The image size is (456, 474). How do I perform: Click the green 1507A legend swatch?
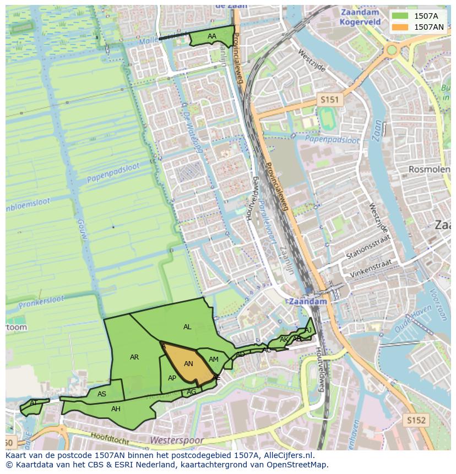coord(400,15)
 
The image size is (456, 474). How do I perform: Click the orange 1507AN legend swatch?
coord(400,26)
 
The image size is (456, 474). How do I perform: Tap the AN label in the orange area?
coord(188,364)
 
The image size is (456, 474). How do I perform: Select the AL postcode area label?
coord(187,327)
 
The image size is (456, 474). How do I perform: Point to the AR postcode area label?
coord(134,357)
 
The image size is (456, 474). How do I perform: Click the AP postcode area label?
coord(172,378)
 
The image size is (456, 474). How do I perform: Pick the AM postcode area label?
coord(214,359)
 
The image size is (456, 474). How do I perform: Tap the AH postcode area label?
coord(116,409)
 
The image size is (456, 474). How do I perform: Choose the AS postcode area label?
coord(102,394)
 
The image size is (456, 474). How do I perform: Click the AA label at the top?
coord(212,36)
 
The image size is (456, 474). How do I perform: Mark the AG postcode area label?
coord(192,392)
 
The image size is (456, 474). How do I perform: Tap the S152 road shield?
coord(417,420)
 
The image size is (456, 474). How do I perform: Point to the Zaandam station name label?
coord(307,302)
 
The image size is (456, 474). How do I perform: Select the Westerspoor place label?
coord(177,440)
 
